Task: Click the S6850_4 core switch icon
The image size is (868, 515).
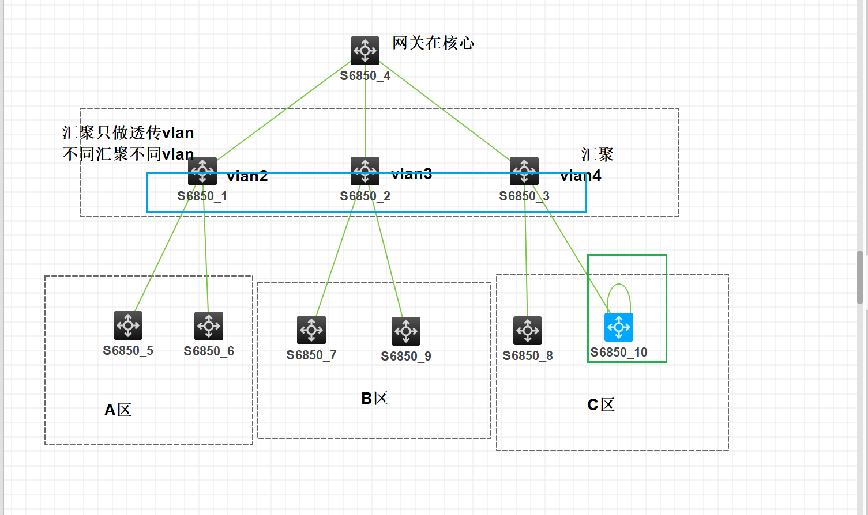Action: click(365, 51)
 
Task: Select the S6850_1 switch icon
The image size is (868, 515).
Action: click(202, 171)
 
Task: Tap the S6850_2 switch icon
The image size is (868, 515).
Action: click(365, 171)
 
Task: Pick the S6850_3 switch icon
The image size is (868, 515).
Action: click(524, 171)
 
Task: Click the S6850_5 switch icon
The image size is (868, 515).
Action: click(128, 325)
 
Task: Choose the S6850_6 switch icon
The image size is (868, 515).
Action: click(209, 326)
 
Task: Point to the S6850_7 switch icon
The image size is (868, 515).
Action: click(311, 330)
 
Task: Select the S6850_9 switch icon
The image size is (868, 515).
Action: click(406, 331)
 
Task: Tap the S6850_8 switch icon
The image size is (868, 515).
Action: click(528, 331)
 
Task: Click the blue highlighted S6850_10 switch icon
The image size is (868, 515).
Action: click(619, 327)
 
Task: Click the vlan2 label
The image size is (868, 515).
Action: click(247, 176)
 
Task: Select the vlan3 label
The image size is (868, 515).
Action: click(411, 174)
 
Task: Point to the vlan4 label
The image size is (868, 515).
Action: click(580, 176)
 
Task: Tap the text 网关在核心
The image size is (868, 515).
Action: click(433, 43)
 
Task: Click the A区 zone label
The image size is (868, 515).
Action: click(118, 410)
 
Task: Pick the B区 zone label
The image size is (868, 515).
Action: click(374, 398)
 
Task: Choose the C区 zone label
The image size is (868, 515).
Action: click(601, 404)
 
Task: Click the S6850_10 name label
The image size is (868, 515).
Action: click(619, 352)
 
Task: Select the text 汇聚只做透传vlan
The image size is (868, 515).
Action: click(128, 133)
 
